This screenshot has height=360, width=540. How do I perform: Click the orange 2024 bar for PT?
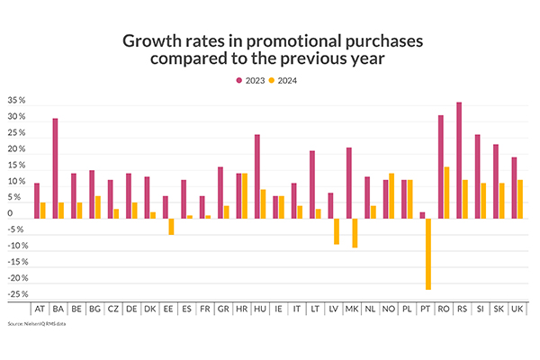tap(429, 253)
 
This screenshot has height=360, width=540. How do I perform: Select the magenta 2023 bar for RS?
tap(459, 159)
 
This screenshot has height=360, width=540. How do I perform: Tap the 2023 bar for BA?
tap(55, 167)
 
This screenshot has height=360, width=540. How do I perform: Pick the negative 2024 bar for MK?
tap(355, 232)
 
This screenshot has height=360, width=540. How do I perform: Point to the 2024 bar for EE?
tap(171, 226)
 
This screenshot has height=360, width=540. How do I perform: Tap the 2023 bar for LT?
tap(312, 184)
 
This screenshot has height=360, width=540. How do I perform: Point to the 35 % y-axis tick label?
tap(16, 102)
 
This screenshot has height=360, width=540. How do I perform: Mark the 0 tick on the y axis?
tap(21, 214)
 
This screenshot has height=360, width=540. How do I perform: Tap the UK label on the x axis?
tap(517, 309)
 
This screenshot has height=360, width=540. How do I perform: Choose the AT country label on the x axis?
tap(40, 309)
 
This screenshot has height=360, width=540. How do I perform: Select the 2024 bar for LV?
tap(337, 230)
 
